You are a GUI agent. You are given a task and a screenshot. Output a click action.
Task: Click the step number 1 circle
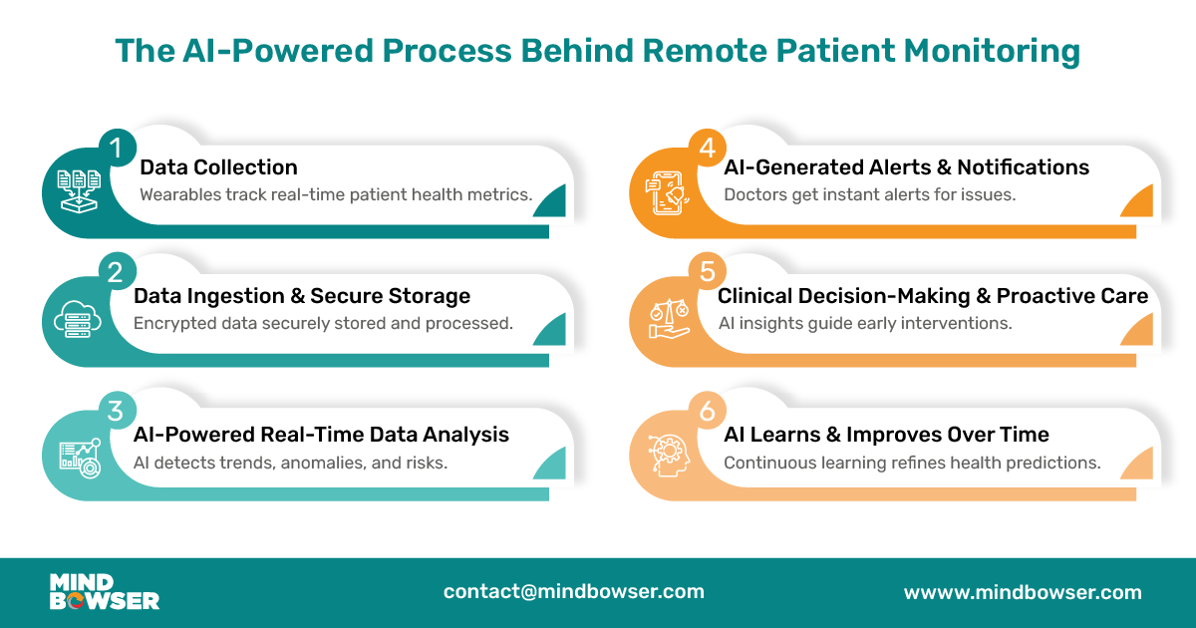pyautogui.click(x=116, y=149)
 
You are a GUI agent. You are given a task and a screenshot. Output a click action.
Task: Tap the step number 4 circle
pyautogui.click(x=707, y=149)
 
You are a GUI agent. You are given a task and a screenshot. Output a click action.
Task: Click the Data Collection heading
pyautogui.click(x=218, y=167)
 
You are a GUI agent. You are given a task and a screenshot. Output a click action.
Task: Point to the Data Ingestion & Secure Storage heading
pyautogui.click(x=302, y=296)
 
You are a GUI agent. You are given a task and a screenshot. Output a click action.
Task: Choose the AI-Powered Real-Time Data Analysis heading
pyautogui.click(x=321, y=435)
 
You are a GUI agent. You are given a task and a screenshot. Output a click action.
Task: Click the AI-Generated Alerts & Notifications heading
pyautogui.click(x=906, y=167)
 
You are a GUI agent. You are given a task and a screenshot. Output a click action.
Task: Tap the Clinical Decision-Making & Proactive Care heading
pyautogui.click(x=933, y=296)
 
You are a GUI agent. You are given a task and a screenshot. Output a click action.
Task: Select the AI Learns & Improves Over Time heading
pyautogui.click(x=886, y=435)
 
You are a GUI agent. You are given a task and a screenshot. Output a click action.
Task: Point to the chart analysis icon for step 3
pyautogui.click(x=79, y=455)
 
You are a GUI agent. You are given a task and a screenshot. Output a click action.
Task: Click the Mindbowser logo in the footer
pyautogui.click(x=104, y=592)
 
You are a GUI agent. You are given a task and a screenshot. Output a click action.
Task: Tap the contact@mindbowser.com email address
pyautogui.click(x=574, y=591)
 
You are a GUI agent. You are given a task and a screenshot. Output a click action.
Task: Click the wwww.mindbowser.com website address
pyautogui.click(x=1023, y=592)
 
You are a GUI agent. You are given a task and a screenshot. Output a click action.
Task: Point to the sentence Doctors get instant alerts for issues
pyautogui.click(x=869, y=194)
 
